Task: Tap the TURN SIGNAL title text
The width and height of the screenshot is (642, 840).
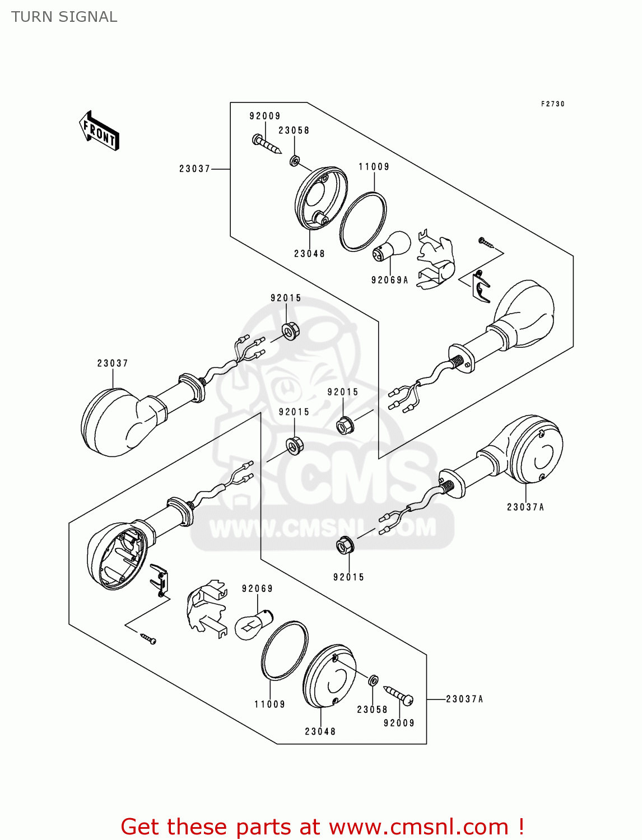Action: [x=64, y=17]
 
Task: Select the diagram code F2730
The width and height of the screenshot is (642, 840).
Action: [x=552, y=104]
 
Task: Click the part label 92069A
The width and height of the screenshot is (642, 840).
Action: [x=389, y=280]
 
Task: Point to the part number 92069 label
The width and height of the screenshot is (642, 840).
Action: [x=257, y=589]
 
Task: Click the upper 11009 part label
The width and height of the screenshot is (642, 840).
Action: [x=374, y=167]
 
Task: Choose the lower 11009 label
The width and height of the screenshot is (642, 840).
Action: [x=269, y=704]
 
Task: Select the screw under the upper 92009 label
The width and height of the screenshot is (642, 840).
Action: [x=266, y=143]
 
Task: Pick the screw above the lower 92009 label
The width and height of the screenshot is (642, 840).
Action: [x=399, y=695]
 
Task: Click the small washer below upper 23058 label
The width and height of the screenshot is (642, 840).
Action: [x=294, y=161]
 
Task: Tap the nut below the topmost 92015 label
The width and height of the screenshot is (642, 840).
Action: [x=290, y=330]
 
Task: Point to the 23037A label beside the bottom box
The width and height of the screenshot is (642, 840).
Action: [x=464, y=699]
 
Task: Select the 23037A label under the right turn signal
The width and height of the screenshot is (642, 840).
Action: [x=525, y=507]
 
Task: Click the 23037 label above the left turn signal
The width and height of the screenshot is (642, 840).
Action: [x=113, y=363]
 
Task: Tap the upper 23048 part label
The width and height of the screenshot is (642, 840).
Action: [x=309, y=254]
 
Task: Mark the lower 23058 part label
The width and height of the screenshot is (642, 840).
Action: [x=372, y=710]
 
